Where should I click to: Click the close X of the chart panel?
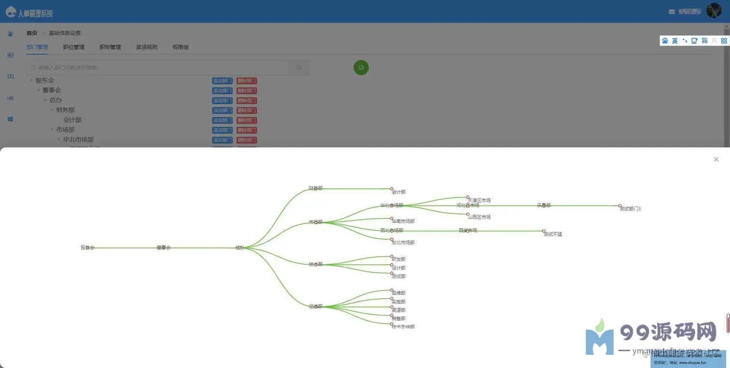click(x=716, y=159)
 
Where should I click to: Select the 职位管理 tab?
click(x=73, y=47)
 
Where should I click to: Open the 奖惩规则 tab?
click(x=146, y=47)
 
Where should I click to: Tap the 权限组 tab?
click(x=181, y=47)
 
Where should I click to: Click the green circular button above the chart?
click(x=361, y=68)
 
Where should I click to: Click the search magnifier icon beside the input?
click(x=299, y=68)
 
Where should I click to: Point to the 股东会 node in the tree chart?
click(x=87, y=247)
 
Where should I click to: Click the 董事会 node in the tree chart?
click(x=164, y=247)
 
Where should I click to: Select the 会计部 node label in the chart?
click(x=399, y=192)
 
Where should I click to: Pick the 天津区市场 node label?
click(x=479, y=200)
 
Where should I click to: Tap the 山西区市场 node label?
click(x=479, y=217)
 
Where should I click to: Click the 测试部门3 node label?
click(x=630, y=209)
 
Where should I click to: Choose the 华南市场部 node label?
click(x=403, y=221)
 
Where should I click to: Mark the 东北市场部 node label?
click(x=403, y=243)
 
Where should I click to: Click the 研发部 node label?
click(x=399, y=259)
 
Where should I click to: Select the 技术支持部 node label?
click(x=403, y=327)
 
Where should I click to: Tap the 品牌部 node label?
click(x=399, y=293)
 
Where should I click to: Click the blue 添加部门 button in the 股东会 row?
click(x=222, y=81)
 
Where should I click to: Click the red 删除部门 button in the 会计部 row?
click(x=247, y=120)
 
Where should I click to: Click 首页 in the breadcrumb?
click(x=32, y=33)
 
